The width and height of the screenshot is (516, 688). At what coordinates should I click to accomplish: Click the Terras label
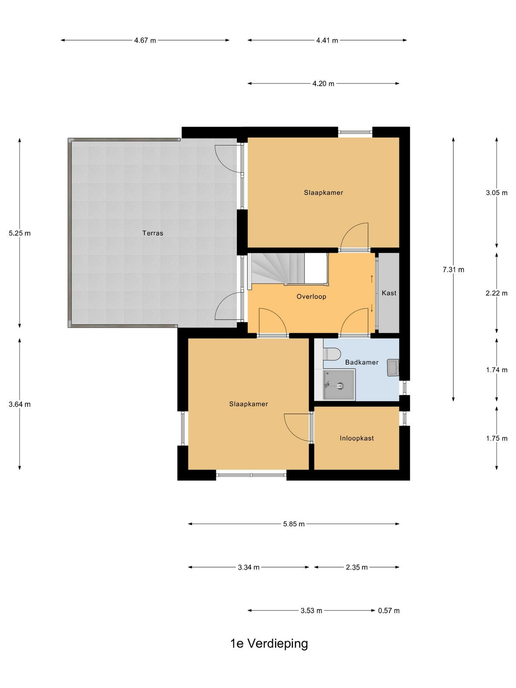153,233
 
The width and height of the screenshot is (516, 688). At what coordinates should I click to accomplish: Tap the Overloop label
311,297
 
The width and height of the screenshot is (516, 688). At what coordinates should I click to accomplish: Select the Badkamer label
362,362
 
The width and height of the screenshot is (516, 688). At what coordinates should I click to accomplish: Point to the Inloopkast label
357,438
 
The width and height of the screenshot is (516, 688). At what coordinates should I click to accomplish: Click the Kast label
389,293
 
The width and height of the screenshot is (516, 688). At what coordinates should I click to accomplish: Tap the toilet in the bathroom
332,354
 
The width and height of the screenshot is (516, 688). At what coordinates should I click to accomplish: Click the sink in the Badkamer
393,367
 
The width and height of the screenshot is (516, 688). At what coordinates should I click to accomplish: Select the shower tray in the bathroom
339,384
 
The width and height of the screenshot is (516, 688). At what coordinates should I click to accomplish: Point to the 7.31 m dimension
453,270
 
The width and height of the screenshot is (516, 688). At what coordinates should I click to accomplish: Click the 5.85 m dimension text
294,524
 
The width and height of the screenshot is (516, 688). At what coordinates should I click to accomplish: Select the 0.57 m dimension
389,610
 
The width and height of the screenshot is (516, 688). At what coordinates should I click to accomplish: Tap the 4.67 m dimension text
145,40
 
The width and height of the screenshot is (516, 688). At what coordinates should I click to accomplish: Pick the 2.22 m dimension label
497,293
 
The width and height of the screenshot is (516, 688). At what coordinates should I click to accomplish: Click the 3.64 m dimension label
20,404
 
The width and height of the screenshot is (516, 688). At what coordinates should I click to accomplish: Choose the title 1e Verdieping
269,644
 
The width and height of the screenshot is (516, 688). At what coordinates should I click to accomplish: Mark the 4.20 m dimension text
323,84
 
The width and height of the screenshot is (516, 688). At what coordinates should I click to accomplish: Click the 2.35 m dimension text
357,567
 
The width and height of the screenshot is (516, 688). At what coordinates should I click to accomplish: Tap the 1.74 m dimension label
497,370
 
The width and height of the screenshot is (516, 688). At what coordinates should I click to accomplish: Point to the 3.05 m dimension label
497,193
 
